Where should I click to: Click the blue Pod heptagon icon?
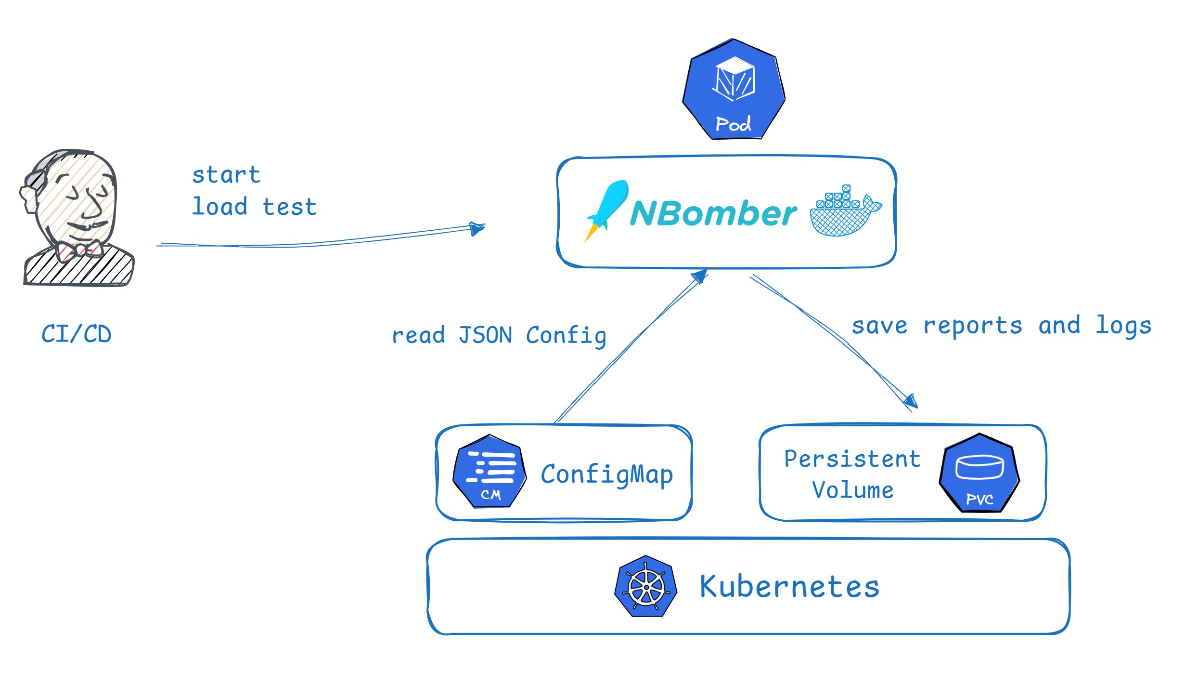click(x=734, y=89)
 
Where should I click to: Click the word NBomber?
click(x=713, y=213)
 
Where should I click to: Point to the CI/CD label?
click(x=77, y=334)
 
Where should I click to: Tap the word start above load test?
click(x=226, y=175)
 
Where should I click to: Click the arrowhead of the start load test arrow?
click(x=477, y=228)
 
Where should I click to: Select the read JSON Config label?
click(x=499, y=336)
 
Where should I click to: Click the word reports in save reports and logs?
click(x=973, y=326)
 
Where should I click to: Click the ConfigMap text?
click(x=607, y=474)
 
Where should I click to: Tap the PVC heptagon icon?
click(x=979, y=473)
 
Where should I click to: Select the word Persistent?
click(x=852, y=459)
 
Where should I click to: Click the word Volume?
click(x=853, y=490)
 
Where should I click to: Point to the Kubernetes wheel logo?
click(x=646, y=586)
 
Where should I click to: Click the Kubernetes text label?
click(x=790, y=586)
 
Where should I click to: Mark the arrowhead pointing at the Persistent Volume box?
click(x=911, y=401)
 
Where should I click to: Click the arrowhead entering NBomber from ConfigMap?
click(x=700, y=277)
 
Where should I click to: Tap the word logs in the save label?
click(x=1124, y=326)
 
